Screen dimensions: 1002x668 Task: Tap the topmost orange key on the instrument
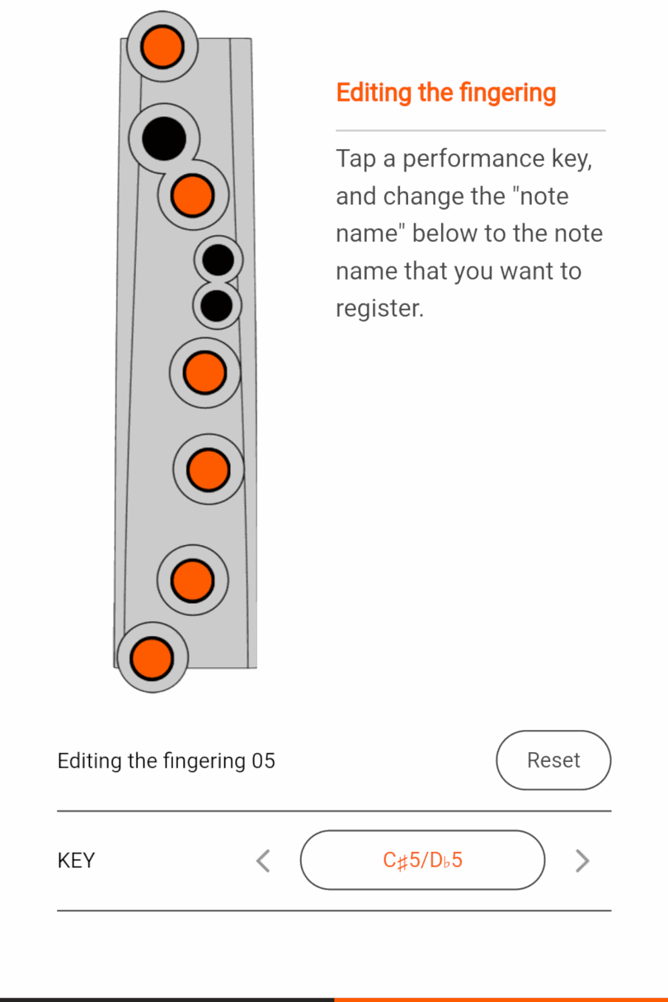pyautogui.click(x=162, y=47)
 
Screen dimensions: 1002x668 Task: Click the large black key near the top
pyautogui.click(x=164, y=138)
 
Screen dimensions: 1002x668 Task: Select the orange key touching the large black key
pyautogui.click(x=193, y=195)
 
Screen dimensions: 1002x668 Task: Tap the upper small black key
pyautogui.click(x=219, y=261)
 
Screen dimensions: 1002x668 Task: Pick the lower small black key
pyautogui.click(x=218, y=306)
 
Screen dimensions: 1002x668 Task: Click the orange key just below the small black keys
pyautogui.click(x=205, y=373)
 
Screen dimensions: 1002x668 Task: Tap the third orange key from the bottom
pyautogui.click(x=208, y=469)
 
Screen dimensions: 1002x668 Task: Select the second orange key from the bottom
pyautogui.click(x=192, y=580)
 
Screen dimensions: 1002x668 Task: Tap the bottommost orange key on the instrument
pyautogui.click(x=152, y=657)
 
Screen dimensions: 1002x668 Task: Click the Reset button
pyautogui.click(x=553, y=760)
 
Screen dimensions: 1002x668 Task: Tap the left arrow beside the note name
pyautogui.click(x=263, y=861)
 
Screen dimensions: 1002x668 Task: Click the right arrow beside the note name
pyautogui.click(x=582, y=861)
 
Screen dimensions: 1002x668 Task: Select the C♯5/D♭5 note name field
pyautogui.click(x=422, y=860)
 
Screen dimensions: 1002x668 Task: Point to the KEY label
pyautogui.click(x=76, y=861)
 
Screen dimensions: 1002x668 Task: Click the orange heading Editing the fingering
pyautogui.click(x=445, y=92)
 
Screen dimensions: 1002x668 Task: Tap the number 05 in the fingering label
pyautogui.click(x=263, y=760)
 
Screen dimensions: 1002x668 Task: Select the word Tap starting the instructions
pyautogui.click(x=355, y=158)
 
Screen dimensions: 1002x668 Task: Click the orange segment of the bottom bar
pyautogui.click(x=501, y=999)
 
